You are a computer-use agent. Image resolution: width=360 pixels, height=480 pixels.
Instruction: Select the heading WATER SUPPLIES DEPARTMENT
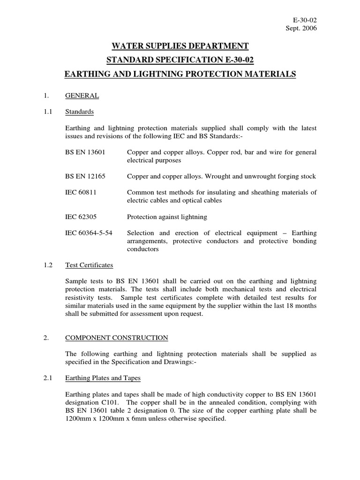180,45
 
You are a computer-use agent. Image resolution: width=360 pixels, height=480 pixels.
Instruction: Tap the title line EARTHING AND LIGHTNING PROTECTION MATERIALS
180,74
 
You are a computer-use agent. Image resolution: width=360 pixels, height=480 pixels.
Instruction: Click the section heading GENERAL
82,96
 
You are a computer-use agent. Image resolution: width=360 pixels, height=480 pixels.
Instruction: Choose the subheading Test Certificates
89,265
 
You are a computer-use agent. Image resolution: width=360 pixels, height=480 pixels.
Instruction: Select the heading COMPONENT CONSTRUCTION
116,337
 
